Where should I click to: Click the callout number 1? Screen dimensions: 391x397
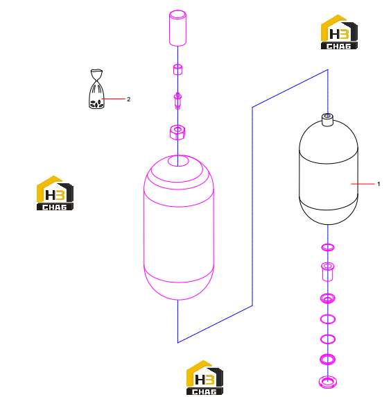[x=379, y=184]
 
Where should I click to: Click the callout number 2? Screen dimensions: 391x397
[x=128, y=99]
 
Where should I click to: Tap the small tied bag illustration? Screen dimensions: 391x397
[x=96, y=89]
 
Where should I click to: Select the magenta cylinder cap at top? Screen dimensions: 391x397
[x=177, y=28]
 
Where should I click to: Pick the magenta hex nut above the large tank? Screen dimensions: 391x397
[x=177, y=132]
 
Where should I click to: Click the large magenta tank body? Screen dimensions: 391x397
[x=179, y=227]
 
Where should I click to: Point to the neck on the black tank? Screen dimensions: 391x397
[x=327, y=119]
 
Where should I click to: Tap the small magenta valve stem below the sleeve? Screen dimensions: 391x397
[x=177, y=101]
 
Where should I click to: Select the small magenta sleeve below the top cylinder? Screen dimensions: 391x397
[x=177, y=69]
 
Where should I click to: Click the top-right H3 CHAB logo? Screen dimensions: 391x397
[x=339, y=32]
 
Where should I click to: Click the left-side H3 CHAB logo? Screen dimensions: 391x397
[x=55, y=193]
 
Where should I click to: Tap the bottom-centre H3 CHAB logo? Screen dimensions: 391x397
[x=205, y=378]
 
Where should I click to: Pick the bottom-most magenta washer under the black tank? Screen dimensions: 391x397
[x=327, y=382]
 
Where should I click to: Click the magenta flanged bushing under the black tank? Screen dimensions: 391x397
[x=327, y=272]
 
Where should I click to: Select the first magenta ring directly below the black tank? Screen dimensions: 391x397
[x=328, y=247]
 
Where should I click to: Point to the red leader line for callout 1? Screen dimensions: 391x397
[x=363, y=184]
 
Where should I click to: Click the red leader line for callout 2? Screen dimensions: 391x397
[x=113, y=99]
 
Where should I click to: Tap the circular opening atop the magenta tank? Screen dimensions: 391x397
[x=178, y=161]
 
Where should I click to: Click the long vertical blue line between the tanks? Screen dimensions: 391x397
[x=252, y=206]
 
